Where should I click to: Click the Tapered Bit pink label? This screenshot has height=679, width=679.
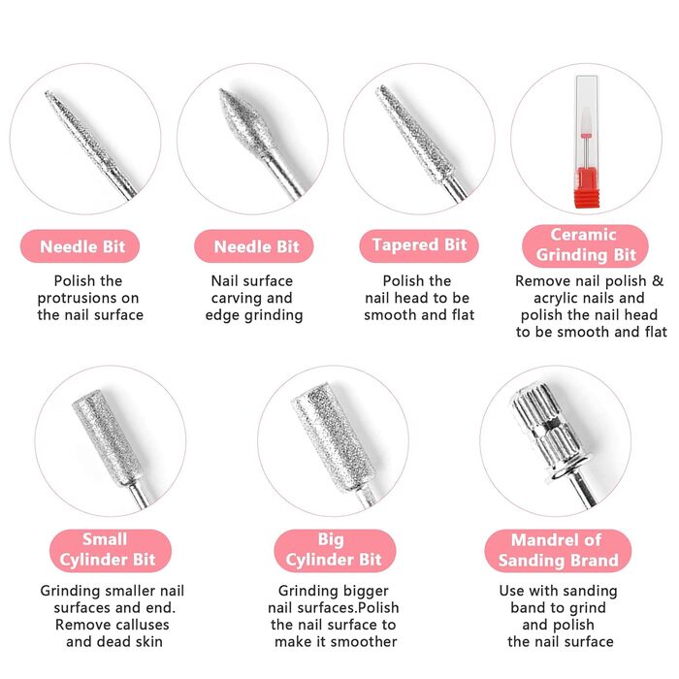[x=419, y=245]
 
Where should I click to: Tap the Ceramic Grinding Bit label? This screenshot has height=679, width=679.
[x=585, y=245]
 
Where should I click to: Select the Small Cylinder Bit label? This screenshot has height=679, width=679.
[x=111, y=550]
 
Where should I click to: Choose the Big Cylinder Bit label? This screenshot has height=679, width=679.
[x=335, y=550]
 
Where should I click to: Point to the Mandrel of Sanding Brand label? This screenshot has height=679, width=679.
[x=558, y=550]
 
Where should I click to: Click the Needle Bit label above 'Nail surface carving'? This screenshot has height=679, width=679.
[x=254, y=246]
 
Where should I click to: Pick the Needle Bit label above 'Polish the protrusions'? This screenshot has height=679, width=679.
[x=80, y=246]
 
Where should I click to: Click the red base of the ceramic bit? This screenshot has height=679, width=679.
[x=587, y=187]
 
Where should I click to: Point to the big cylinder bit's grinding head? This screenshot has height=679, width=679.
[x=333, y=436]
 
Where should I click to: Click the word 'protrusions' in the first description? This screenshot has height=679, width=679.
[x=88, y=299]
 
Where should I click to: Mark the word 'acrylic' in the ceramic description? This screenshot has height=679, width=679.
[x=556, y=299]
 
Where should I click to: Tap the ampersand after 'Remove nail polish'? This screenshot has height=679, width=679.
[x=658, y=281]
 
